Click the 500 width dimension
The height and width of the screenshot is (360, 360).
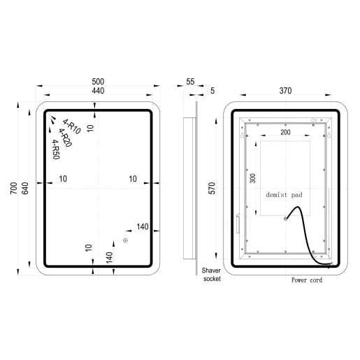click(98, 82)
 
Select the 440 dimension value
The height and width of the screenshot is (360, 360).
click(98, 91)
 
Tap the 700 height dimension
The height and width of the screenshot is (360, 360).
click(14, 188)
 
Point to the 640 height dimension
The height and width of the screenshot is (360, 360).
click(25, 188)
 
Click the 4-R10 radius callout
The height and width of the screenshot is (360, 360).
click(71, 127)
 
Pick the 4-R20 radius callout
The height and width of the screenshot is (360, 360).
click(65, 138)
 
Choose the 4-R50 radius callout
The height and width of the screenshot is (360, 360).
click(56, 150)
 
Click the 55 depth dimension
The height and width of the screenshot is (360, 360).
click(190, 82)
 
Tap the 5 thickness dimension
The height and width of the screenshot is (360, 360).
click(213, 91)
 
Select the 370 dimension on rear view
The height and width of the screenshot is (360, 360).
click(285, 91)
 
